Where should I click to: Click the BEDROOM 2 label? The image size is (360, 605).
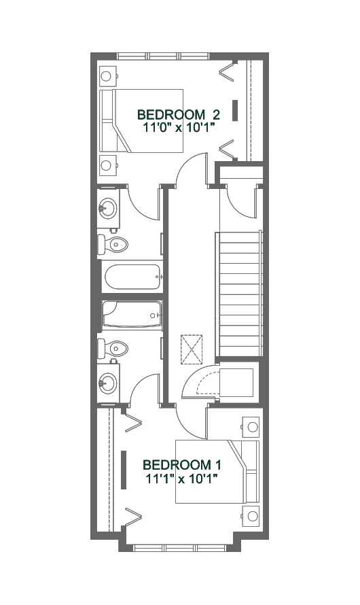point(179,115)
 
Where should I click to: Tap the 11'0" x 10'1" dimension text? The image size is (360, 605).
point(179,127)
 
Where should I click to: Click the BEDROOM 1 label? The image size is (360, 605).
point(182,464)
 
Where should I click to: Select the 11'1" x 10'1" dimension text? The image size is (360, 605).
point(182,479)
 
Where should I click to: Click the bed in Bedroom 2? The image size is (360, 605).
point(141,121)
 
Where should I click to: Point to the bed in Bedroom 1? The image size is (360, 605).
point(217,472)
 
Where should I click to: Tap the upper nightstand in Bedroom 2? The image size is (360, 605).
point(108,76)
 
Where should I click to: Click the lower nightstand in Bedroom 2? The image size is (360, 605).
point(108,165)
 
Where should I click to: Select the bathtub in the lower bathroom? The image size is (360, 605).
point(132,316)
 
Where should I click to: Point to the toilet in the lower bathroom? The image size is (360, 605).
point(112,349)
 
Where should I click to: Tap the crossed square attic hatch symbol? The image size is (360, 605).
point(192,349)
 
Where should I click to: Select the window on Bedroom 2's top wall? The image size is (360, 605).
point(164,56)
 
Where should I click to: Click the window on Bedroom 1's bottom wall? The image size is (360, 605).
point(179,548)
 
